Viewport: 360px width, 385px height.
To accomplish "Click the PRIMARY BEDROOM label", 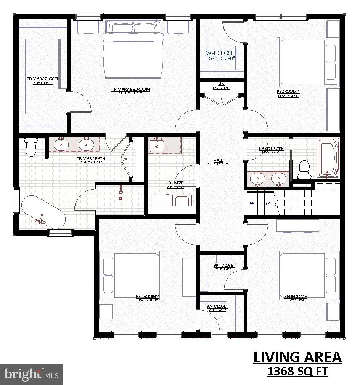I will [x=130, y=89].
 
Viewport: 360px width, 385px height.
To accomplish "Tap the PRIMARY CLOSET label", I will [x=42, y=79].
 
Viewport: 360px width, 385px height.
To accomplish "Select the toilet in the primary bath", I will [x=31, y=147].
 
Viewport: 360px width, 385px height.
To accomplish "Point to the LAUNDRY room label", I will [x=175, y=183].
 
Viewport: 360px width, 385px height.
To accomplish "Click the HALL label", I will [x=218, y=160].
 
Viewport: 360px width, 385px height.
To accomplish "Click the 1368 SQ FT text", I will [x=297, y=371].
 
